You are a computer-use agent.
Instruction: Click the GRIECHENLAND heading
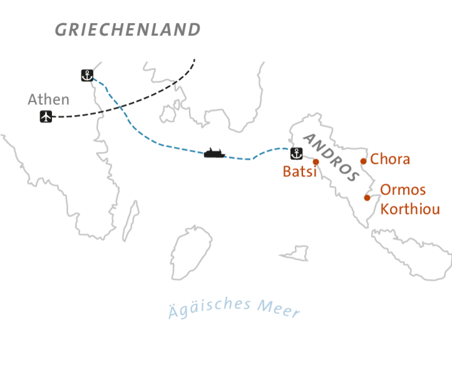[127, 30]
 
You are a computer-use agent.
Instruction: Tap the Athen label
[48, 100]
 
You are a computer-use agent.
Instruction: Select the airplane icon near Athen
[46, 116]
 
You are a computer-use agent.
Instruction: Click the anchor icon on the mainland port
[87, 76]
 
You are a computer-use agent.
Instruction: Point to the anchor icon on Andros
[297, 153]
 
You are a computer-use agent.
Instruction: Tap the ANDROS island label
[332, 157]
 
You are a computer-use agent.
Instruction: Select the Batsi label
[299, 172]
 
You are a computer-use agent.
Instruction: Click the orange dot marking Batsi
[316, 161]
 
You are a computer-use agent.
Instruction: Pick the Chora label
[390, 159]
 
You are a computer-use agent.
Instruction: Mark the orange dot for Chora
[363, 161]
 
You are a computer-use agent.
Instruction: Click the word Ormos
[403, 189]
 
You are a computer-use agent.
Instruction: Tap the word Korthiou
[410, 209]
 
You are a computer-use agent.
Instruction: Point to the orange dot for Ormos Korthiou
[367, 198]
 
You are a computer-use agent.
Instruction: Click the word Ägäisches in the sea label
[210, 306]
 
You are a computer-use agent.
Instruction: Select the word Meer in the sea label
[278, 309]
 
